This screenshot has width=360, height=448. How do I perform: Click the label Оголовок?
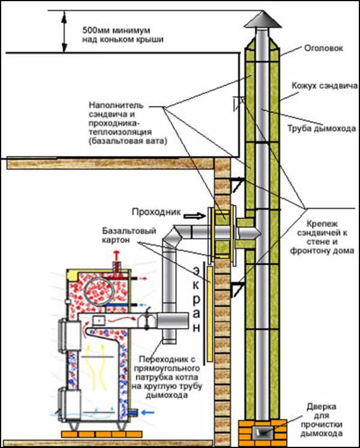click(x=324, y=49)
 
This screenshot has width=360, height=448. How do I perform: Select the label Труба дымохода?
click(x=320, y=127)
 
